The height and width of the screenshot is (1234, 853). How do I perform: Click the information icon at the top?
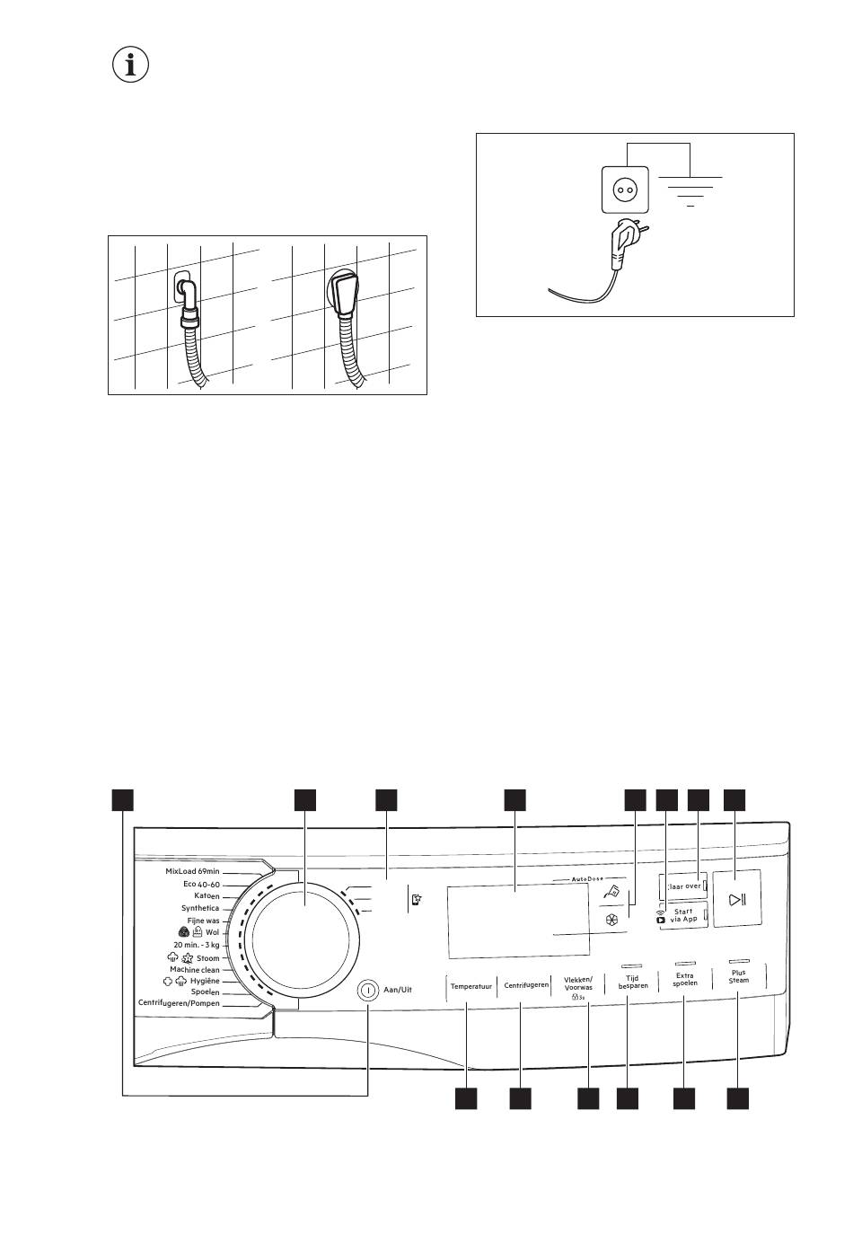point(131,65)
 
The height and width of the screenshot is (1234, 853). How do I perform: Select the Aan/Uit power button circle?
point(367,989)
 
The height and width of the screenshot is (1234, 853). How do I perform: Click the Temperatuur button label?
point(471,986)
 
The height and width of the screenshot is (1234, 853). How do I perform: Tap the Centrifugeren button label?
point(526,985)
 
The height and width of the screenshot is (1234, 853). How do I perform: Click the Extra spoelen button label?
point(685,980)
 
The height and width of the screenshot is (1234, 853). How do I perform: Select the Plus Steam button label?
point(739,976)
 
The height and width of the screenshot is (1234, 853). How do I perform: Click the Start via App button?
point(682,915)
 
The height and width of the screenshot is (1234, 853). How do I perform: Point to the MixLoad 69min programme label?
point(192,871)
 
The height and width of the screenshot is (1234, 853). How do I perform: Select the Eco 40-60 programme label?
point(201,884)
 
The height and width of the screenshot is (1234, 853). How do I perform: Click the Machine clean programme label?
point(195,970)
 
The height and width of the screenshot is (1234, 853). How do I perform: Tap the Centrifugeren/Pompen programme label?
point(179,1002)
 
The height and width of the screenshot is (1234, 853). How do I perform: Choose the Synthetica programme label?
point(200,908)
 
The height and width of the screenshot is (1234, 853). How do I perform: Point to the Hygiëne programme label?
point(205,981)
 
